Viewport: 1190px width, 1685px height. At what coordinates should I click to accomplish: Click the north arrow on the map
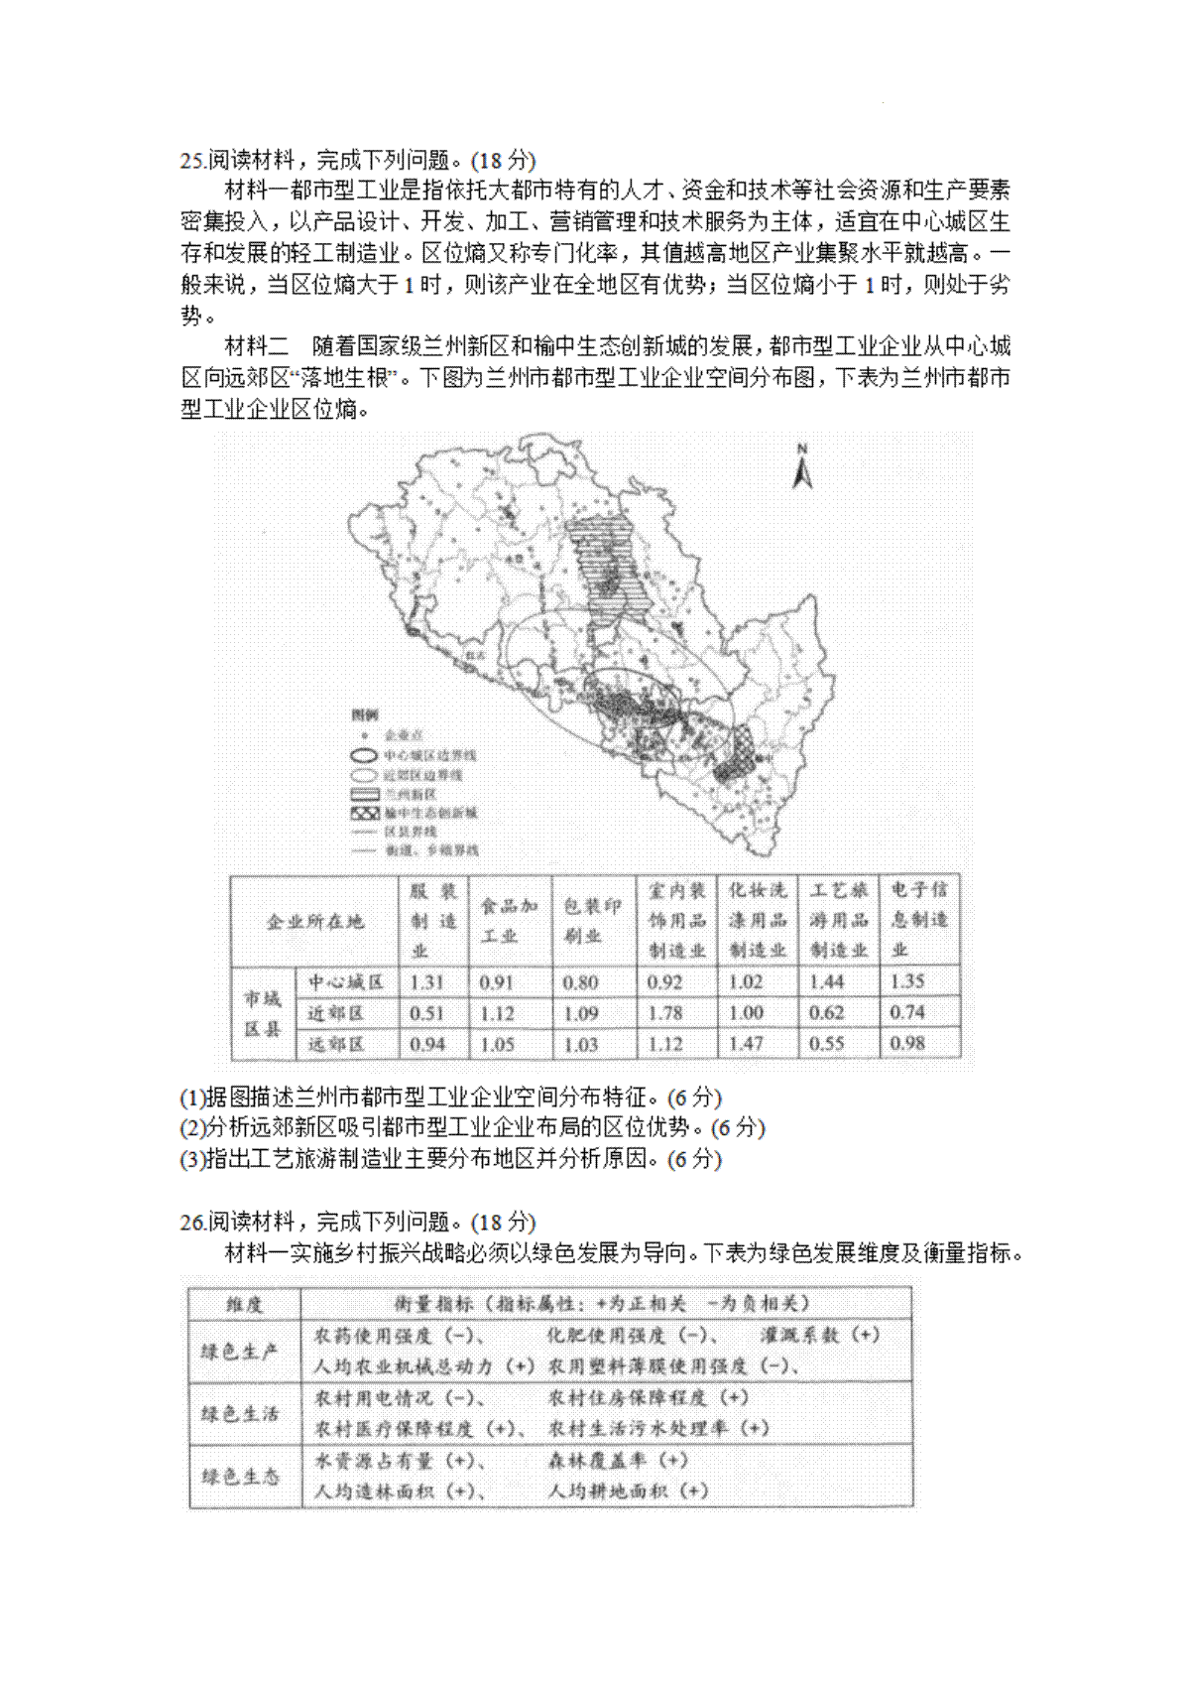[802, 467]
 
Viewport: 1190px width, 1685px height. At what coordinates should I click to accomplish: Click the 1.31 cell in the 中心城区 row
[427, 982]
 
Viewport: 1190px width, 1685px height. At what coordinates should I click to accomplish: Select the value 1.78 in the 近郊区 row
[665, 1013]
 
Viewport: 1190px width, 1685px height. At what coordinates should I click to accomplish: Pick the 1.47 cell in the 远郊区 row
[746, 1044]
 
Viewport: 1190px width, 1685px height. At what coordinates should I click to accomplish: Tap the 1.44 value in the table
[826, 982]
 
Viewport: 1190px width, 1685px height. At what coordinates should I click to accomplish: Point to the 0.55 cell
[826, 1044]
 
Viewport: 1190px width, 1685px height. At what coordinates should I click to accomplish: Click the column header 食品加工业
[509, 921]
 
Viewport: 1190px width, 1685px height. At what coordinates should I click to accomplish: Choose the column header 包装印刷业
[591, 921]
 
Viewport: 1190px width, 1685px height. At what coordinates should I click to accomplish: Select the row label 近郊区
[336, 1013]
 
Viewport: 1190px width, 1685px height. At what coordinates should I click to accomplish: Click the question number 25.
[192, 161]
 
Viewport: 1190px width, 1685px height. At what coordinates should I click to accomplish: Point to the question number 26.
[192, 1223]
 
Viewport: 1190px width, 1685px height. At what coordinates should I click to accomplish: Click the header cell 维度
[244, 1304]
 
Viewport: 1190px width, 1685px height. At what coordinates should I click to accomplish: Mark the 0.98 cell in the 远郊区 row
[907, 1044]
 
